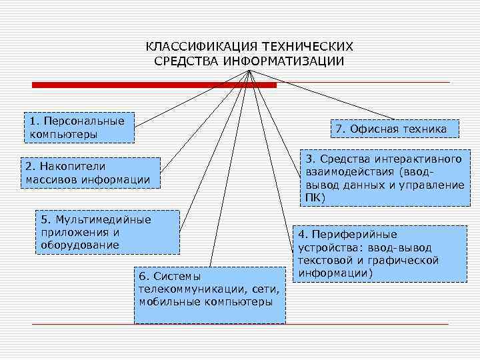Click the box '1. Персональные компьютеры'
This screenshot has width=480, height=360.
(x=78, y=127)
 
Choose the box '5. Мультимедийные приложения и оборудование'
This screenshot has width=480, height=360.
(x=107, y=231)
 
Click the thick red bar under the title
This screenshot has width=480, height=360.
(x=154, y=85)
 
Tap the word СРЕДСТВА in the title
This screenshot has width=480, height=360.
(x=187, y=61)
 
